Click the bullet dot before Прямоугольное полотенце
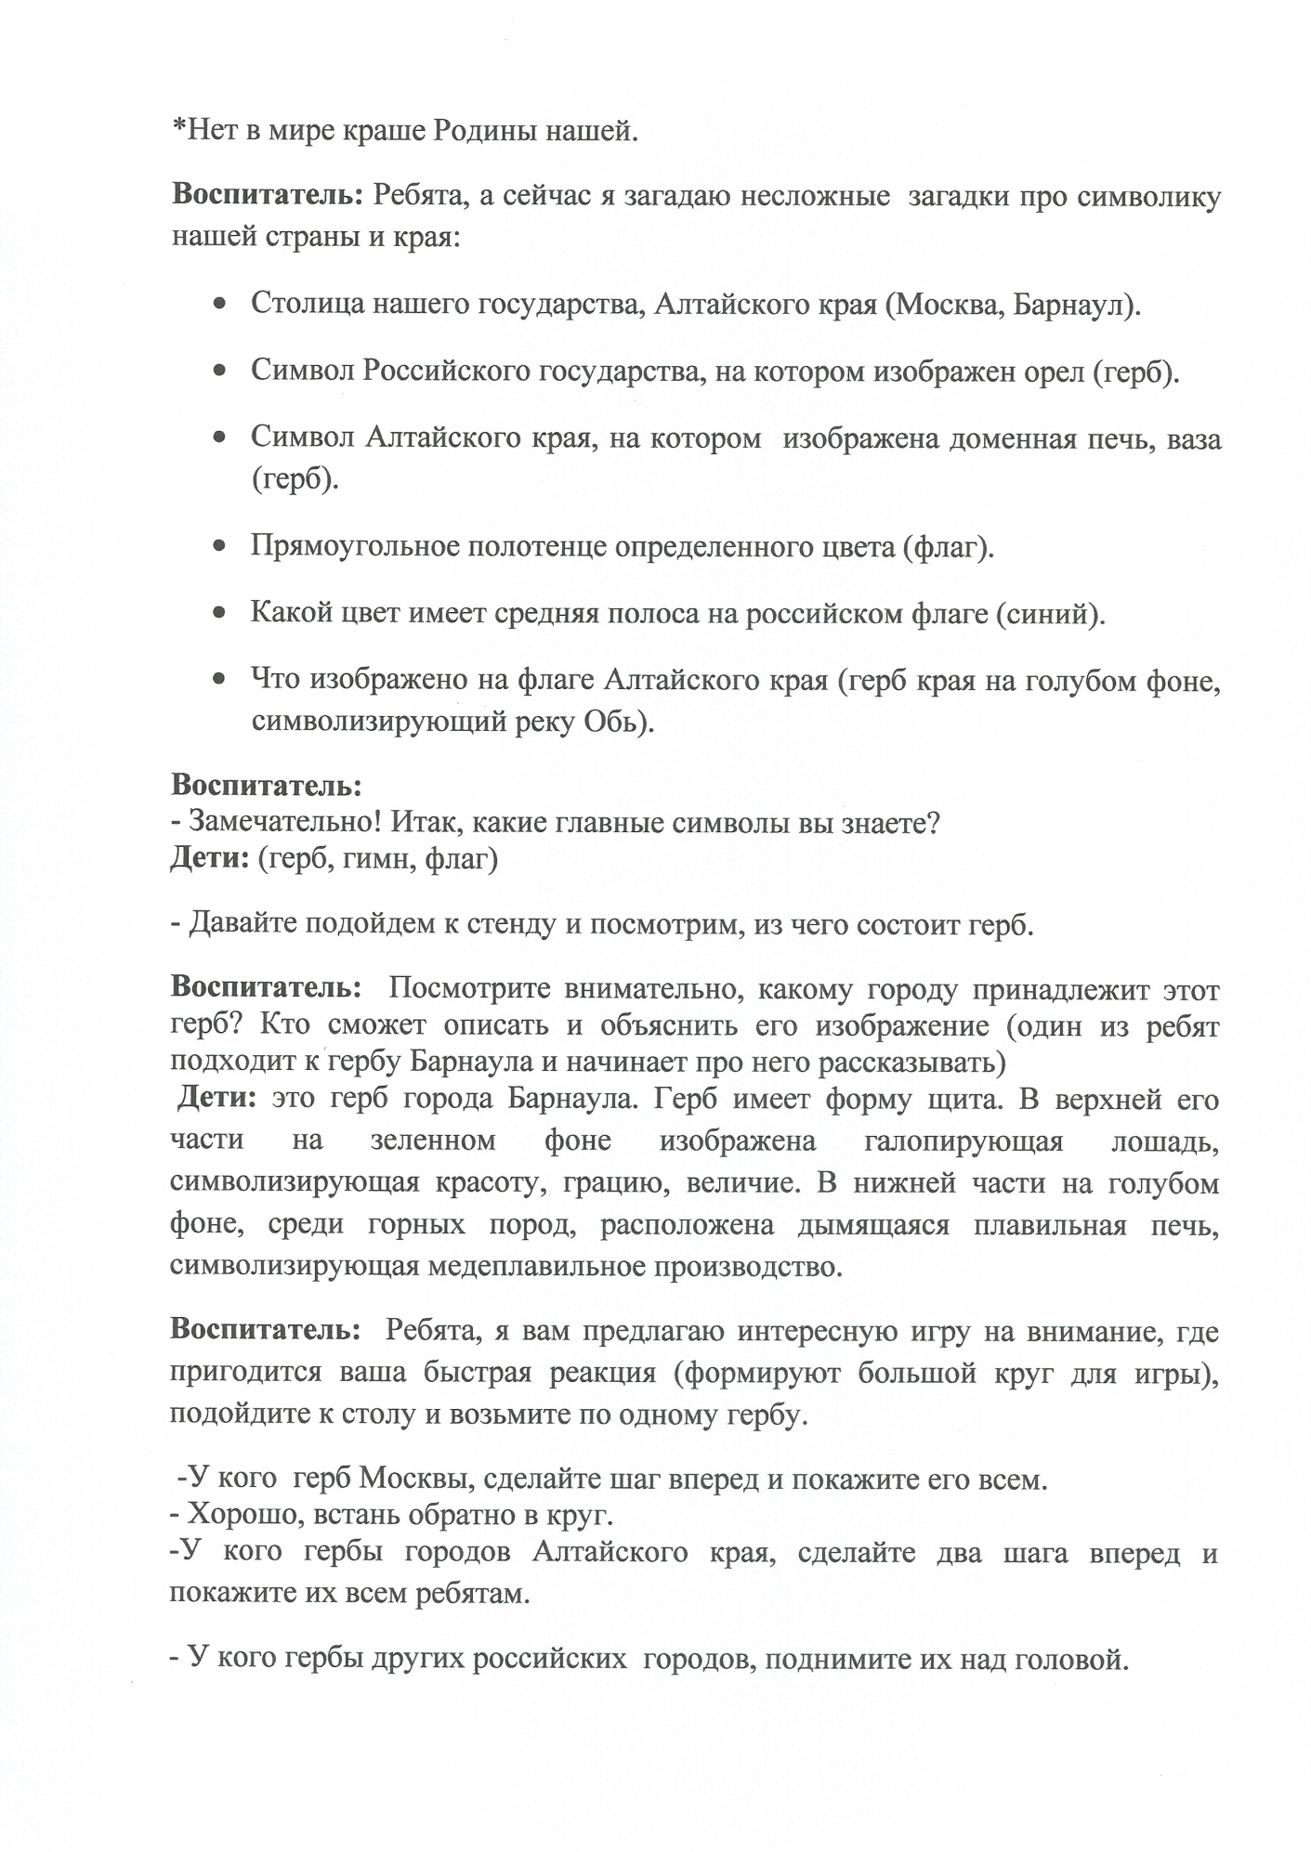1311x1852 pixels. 219,547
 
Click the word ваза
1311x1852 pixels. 1188,438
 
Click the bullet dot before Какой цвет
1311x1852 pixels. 219,614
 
